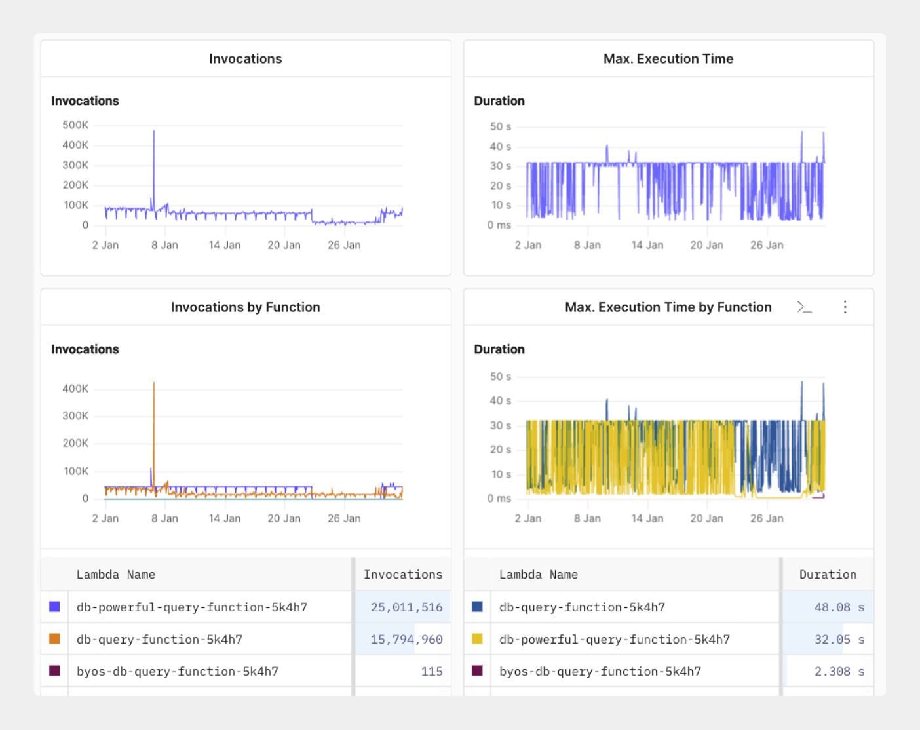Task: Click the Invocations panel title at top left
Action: click(x=246, y=59)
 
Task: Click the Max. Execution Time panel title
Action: click(x=668, y=59)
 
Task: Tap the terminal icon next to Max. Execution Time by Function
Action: click(x=804, y=307)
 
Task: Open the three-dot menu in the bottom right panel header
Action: click(x=845, y=307)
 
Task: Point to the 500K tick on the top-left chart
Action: click(x=75, y=125)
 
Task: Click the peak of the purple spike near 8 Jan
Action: click(x=154, y=132)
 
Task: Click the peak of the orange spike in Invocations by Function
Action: click(x=154, y=383)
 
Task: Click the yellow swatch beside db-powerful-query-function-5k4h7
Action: click(x=477, y=639)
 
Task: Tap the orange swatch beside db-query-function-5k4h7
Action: click(x=54, y=639)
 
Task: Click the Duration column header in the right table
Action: click(x=828, y=575)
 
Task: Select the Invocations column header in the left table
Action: click(x=403, y=575)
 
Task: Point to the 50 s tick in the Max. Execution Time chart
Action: click(x=500, y=126)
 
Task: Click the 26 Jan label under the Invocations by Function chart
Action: click(x=344, y=518)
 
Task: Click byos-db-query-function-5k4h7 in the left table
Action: click(x=178, y=672)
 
